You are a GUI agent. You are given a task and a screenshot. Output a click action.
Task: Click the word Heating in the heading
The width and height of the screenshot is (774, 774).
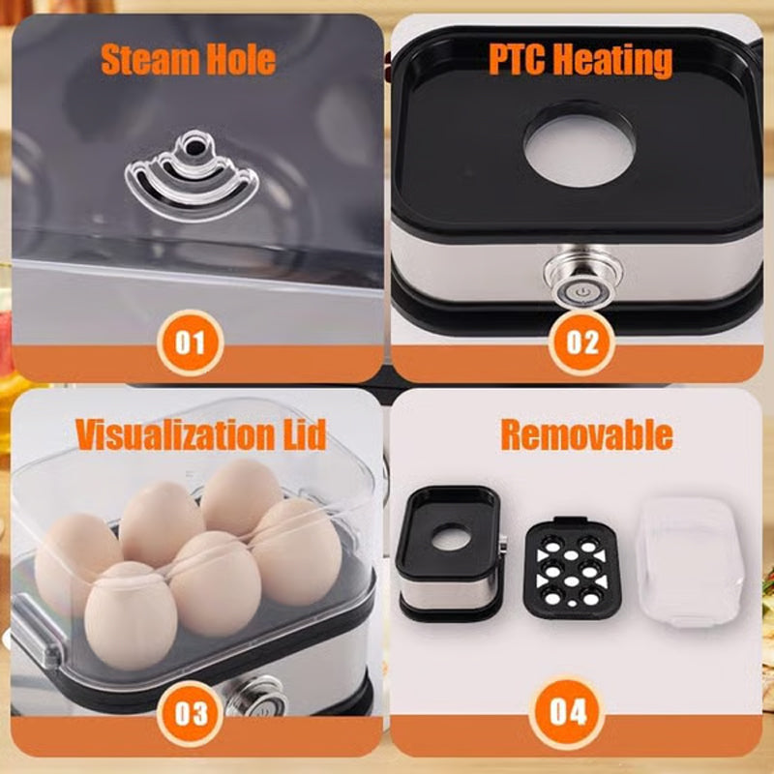pyautogui.click(x=614, y=60)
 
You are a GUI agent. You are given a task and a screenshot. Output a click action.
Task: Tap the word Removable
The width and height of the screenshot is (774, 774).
pyautogui.click(x=585, y=435)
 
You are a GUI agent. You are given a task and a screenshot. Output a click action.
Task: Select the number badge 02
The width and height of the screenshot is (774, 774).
pyautogui.click(x=581, y=342)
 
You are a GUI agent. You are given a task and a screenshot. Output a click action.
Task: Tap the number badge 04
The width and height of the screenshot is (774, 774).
pyautogui.click(x=569, y=714)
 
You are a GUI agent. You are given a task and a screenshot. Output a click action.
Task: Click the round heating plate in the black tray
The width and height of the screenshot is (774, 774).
pyautogui.click(x=580, y=145)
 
